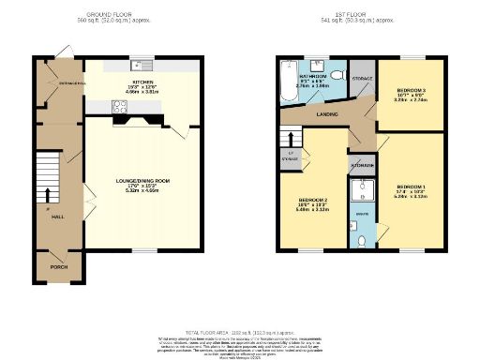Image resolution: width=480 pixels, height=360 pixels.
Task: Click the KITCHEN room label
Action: point(143,82)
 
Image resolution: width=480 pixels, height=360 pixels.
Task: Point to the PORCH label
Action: point(58,267)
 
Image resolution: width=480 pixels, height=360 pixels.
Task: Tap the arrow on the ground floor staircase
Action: point(48,195)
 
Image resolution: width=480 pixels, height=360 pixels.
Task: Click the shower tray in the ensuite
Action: point(362,191)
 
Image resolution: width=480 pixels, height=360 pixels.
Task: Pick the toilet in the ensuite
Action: point(362,239)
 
